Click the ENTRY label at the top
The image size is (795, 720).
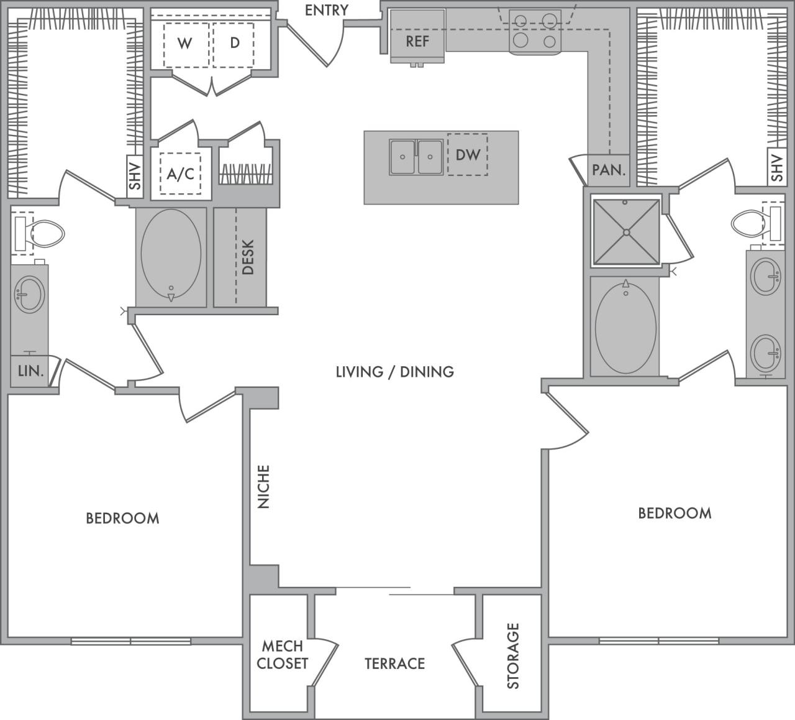pos(327,10)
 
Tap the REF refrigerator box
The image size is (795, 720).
pos(417,41)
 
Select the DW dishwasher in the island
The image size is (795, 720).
pos(468,154)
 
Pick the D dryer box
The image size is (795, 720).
pos(234,44)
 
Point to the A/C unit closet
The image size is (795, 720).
pos(180,174)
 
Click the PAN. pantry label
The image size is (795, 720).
pos(608,170)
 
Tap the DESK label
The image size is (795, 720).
pos(248,257)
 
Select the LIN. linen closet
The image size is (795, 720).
pos(30,371)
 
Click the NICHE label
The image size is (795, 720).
pos(264,487)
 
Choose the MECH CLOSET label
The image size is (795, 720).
pos(283,655)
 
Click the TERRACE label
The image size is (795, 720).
pos(394,663)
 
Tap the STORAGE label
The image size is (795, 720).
pos(513,655)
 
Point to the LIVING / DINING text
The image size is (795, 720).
pos(394,372)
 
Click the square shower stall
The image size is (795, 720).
pos(626,232)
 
